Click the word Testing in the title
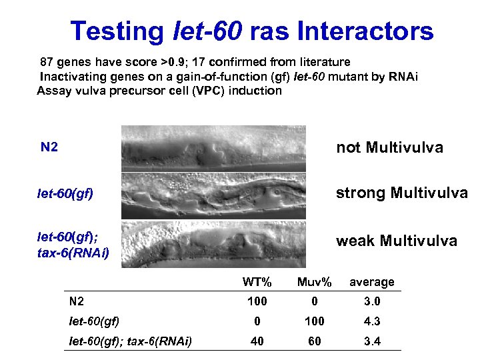pos(117,31)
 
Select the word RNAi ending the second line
pos(404,76)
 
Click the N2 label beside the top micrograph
pos(49,147)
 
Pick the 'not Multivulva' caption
pos(389,147)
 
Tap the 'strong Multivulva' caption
pos(401,193)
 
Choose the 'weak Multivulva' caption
pos(396,241)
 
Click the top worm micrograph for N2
pos(213,148)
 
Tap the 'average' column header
pos(372,282)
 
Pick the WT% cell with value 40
pos(257,341)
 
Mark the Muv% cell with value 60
pos(315,341)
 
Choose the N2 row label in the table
pos(77,301)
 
